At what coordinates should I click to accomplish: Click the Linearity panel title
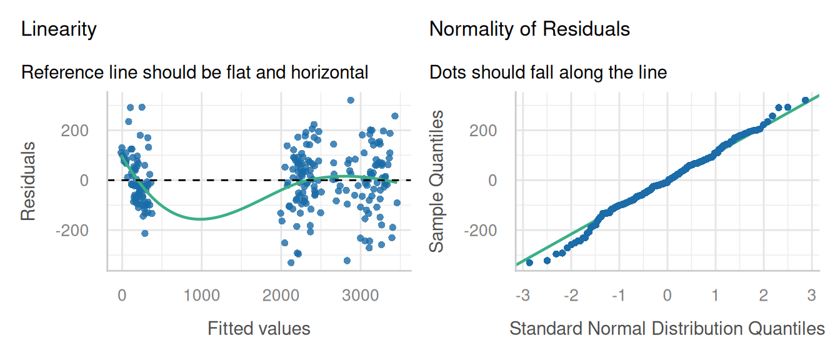coord(59,29)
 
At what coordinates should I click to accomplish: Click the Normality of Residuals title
coord(529,29)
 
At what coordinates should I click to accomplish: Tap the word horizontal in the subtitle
coord(329,72)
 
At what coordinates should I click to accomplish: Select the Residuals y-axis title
coord(28,181)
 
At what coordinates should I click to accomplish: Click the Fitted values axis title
coord(259,329)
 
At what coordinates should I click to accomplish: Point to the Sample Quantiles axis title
coord(436,181)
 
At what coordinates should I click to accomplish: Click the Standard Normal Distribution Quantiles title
coord(667,329)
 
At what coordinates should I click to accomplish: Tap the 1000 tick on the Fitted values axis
coord(201,296)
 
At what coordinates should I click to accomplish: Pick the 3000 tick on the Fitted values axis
coord(361,296)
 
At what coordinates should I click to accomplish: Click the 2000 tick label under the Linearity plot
coord(281,296)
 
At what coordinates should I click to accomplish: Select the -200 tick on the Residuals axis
coord(72,230)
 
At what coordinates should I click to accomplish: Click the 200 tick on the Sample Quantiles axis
coord(483,131)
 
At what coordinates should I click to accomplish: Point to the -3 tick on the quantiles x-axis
coord(522,296)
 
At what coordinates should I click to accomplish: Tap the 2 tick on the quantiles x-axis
coord(764,296)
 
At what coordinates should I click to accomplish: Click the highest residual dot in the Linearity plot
coord(351,100)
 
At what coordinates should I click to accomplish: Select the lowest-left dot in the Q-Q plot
coord(529,262)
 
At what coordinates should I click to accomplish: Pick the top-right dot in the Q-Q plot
coord(805,100)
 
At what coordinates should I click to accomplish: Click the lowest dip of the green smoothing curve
coord(201,219)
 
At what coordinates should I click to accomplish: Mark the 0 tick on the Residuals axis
coord(84,181)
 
